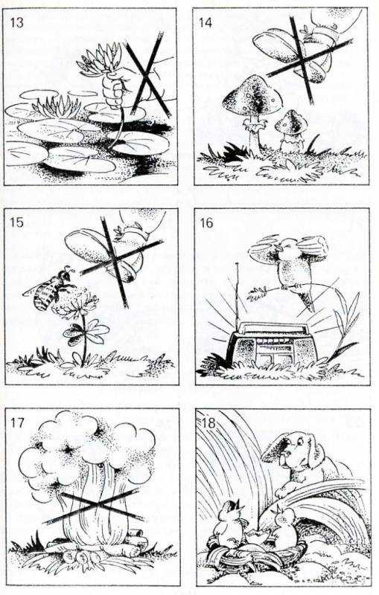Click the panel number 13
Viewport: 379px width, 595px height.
pyautogui.click(x=16, y=22)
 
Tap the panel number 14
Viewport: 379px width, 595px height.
pyautogui.click(x=206, y=22)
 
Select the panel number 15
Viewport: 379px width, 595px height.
pyautogui.click(x=16, y=222)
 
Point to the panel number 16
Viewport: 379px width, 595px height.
pyautogui.click(x=206, y=222)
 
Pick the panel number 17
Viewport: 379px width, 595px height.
pyautogui.click(x=17, y=422)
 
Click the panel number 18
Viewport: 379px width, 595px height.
pyautogui.click(x=208, y=422)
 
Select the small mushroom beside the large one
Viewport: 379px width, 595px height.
pyautogui.click(x=291, y=129)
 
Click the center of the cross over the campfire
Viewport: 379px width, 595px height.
pyautogui.click(x=98, y=506)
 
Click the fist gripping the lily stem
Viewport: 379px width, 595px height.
pyautogui.click(x=114, y=89)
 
